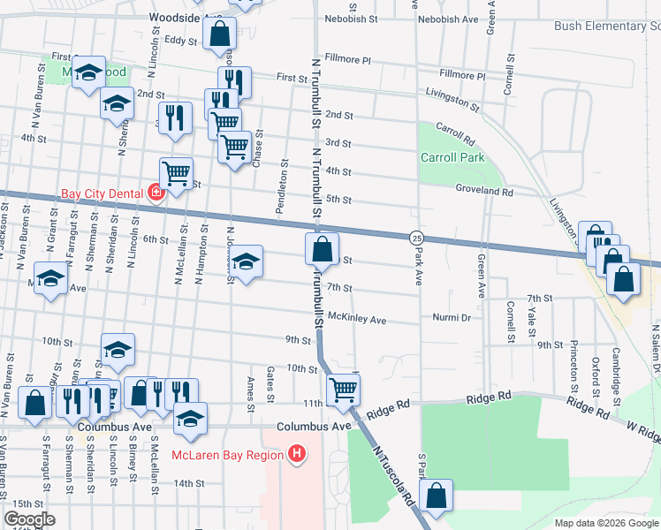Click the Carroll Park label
coord(452,157)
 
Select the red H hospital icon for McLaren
coord(297,455)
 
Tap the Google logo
coord(29,519)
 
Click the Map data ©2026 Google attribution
coord(605,523)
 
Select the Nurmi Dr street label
coord(452,317)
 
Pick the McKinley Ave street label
coord(357,319)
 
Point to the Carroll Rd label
coord(455,139)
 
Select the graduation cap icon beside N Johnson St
coord(247,261)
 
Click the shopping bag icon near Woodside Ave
coord(219,34)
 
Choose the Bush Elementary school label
coord(607,26)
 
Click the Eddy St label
coord(180,41)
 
